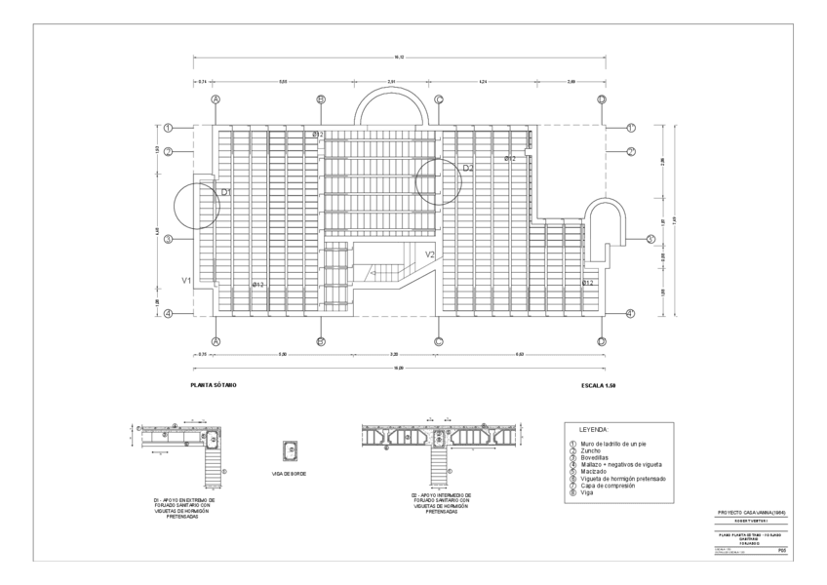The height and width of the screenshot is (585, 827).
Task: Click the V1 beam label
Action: (185, 280)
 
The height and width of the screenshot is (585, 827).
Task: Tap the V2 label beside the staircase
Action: (429, 254)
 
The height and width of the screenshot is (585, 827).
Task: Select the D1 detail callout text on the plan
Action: (225, 192)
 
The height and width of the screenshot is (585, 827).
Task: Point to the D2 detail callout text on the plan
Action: (467, 168)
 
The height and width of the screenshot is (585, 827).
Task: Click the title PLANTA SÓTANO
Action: (213, 385)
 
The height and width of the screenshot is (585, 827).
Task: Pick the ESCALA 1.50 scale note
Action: (597, 385)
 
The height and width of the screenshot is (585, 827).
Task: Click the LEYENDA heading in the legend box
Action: (594, 429)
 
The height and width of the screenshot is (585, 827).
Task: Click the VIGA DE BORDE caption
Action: (290, 475)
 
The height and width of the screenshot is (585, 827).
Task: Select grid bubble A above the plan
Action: (217, 99)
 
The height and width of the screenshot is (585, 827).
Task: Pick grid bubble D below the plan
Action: (602, 341)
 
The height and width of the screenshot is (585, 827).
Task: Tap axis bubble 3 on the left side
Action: (168, 239)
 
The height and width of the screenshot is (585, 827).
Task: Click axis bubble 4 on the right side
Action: (630, 313)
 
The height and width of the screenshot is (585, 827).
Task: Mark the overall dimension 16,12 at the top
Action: (399, 58)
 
